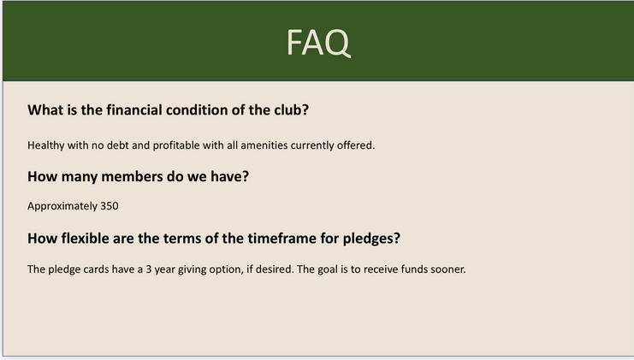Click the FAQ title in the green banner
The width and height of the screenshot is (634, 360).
coord(318,43)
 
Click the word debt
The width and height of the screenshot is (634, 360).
coord(118,145)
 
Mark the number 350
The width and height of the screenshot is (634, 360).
coord(110,206)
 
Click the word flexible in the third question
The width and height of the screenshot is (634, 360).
coord(85,239)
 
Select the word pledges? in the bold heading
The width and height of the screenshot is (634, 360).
coord(371,239)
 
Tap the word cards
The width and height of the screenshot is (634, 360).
coord(96,269)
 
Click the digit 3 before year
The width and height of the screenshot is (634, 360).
coord(149,269)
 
